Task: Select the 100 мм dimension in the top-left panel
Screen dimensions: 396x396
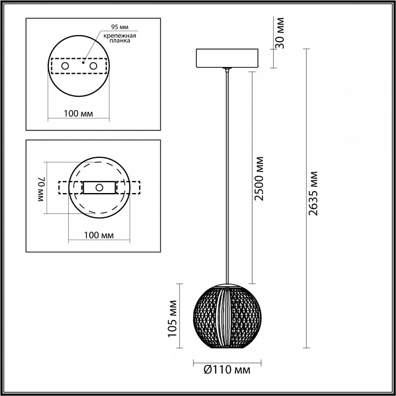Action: coord(78,113)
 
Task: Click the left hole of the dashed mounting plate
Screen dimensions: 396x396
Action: coord(65,66)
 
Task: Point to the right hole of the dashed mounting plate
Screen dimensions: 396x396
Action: coord(93,66)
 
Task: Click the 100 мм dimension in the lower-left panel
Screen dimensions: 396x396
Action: coord(99,235)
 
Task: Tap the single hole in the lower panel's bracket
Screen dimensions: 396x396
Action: coord(100,188)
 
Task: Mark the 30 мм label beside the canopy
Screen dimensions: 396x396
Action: coord(281,33)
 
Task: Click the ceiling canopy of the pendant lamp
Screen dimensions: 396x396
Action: coord(227,58)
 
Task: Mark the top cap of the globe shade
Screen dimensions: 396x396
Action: coord(227,283)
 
